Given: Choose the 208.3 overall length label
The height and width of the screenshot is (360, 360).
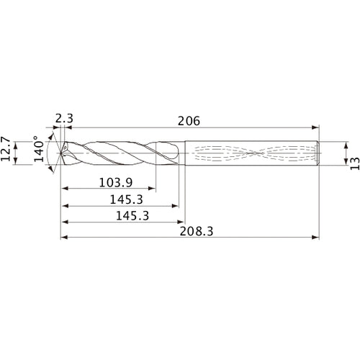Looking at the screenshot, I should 191,231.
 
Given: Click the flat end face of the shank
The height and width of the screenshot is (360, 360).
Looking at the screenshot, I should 319,153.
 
